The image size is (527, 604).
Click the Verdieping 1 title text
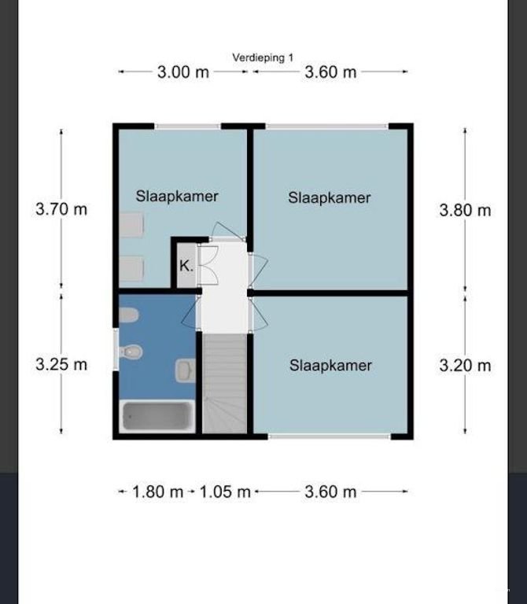click(x=263, y=57)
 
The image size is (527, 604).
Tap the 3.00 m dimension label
click(x=183, y=72)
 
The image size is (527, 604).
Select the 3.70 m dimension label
click(x=61, y=209)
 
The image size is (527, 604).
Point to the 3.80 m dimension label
click(x=465, y=210)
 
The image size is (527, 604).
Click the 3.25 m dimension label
click(x=61, y=364)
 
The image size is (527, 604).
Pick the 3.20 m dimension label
click(x=465, y=365)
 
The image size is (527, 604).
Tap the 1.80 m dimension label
click(x=157, y=492)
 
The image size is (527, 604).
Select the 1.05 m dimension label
click(x=225, y=492)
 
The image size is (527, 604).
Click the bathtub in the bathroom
click(x=157, y=416)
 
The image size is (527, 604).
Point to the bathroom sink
click(x=186, y=370)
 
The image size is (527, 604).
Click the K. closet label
click(x=186, y=265)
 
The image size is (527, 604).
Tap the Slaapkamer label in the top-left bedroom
click(x=177, y=196)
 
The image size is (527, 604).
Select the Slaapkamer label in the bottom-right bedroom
click(x=330, y=365)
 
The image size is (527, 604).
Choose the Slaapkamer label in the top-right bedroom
click(x=330, y=197)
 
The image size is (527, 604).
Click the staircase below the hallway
click(x=225, y=384)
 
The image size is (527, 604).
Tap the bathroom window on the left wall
click(x=116, y=350)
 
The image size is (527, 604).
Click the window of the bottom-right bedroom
click(x=330, y=436)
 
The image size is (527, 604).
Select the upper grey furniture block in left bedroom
click(x=131, y=225)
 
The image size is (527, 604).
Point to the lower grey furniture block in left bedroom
click(x=131, y=268)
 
